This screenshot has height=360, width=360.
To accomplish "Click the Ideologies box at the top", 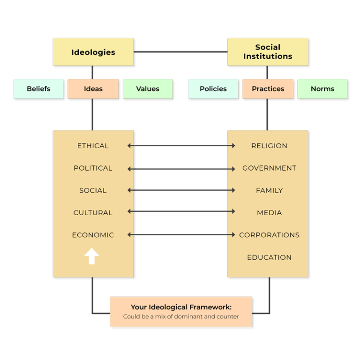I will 93,52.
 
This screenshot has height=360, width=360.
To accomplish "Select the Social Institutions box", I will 268,52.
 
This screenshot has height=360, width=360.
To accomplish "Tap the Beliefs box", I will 38,89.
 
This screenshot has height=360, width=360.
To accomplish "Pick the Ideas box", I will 93,89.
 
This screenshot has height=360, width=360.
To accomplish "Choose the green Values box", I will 148,89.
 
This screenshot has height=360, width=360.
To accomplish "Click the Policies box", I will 213,89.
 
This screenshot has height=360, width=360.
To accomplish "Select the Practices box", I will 268,89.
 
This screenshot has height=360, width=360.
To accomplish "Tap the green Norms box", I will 322,89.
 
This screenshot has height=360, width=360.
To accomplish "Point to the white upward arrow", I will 92,256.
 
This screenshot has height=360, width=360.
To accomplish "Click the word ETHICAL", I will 93,146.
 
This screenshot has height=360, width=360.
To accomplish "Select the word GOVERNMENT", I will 269,168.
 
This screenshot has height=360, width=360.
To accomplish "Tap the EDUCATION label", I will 269,257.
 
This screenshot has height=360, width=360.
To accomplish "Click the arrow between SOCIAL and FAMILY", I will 181,190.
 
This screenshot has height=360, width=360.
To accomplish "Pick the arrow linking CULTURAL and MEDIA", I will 181,212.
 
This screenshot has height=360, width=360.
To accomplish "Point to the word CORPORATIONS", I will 269,235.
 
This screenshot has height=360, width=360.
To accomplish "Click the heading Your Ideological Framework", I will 181,307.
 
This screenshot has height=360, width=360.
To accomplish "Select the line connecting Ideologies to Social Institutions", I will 180,52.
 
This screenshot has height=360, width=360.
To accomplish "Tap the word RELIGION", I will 269,146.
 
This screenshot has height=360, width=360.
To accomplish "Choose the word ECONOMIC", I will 93,235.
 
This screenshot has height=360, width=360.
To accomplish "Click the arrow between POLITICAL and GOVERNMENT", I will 181,169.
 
